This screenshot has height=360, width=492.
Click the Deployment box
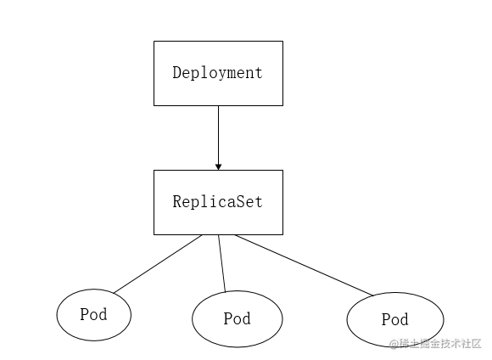coord(218,73)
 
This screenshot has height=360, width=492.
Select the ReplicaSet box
coord(218,202)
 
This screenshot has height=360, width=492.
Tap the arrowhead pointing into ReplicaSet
coord(218,166)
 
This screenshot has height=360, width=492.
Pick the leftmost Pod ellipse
coord(94,315)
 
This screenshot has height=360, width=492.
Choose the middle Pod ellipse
coord(237,319)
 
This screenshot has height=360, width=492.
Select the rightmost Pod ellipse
coord(394,320)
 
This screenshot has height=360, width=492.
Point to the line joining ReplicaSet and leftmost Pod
coord(159,264)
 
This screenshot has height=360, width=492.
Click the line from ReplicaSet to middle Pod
coord(221,263)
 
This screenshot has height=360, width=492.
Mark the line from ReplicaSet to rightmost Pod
coord(304,265)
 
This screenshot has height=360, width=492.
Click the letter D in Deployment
coord(177,73)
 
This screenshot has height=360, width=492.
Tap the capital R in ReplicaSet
coord(177,202)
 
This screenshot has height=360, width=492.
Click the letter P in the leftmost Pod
coord(84,315)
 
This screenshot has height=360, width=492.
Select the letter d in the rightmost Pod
coord(405,320)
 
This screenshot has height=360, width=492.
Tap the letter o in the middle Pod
coord(237,319)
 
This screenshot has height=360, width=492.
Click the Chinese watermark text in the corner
coord(440,344)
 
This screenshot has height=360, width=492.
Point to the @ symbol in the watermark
coord(394,344)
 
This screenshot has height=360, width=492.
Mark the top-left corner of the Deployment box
coord(154,41)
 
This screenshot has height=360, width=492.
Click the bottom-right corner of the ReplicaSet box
coord(282,234)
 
